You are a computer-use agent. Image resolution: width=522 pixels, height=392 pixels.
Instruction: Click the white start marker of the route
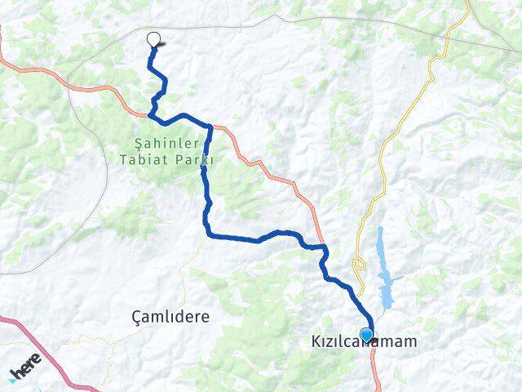point(153,38)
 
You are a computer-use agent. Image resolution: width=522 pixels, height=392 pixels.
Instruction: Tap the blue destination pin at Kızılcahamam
point(367,334)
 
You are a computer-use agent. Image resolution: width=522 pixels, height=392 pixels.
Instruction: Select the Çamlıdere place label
point(170,315)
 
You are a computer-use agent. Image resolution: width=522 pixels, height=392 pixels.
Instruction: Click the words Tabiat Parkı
point(166,159)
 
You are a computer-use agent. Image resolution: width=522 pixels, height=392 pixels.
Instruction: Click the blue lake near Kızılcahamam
point(385,269)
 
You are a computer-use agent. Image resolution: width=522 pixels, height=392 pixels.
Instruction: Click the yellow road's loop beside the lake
point(357,265)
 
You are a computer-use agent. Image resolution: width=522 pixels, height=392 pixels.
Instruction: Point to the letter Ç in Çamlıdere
point(136,315)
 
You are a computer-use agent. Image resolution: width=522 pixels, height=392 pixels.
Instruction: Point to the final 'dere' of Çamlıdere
point(192,315)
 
